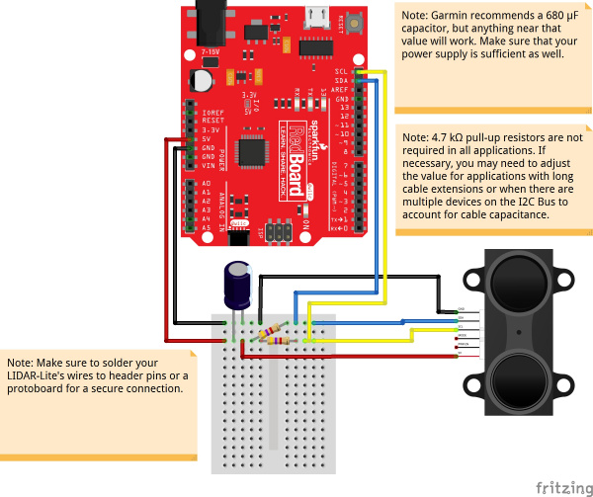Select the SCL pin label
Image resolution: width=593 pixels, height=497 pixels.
click(x=341, y=71)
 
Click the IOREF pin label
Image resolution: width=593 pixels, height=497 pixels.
click(x=212, y=114)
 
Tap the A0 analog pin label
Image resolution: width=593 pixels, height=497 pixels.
click(x=207, y=184)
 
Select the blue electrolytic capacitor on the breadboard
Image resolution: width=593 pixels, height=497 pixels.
click(x=236, y=284)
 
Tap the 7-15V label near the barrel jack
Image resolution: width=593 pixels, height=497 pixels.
click(x=210, y=51)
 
